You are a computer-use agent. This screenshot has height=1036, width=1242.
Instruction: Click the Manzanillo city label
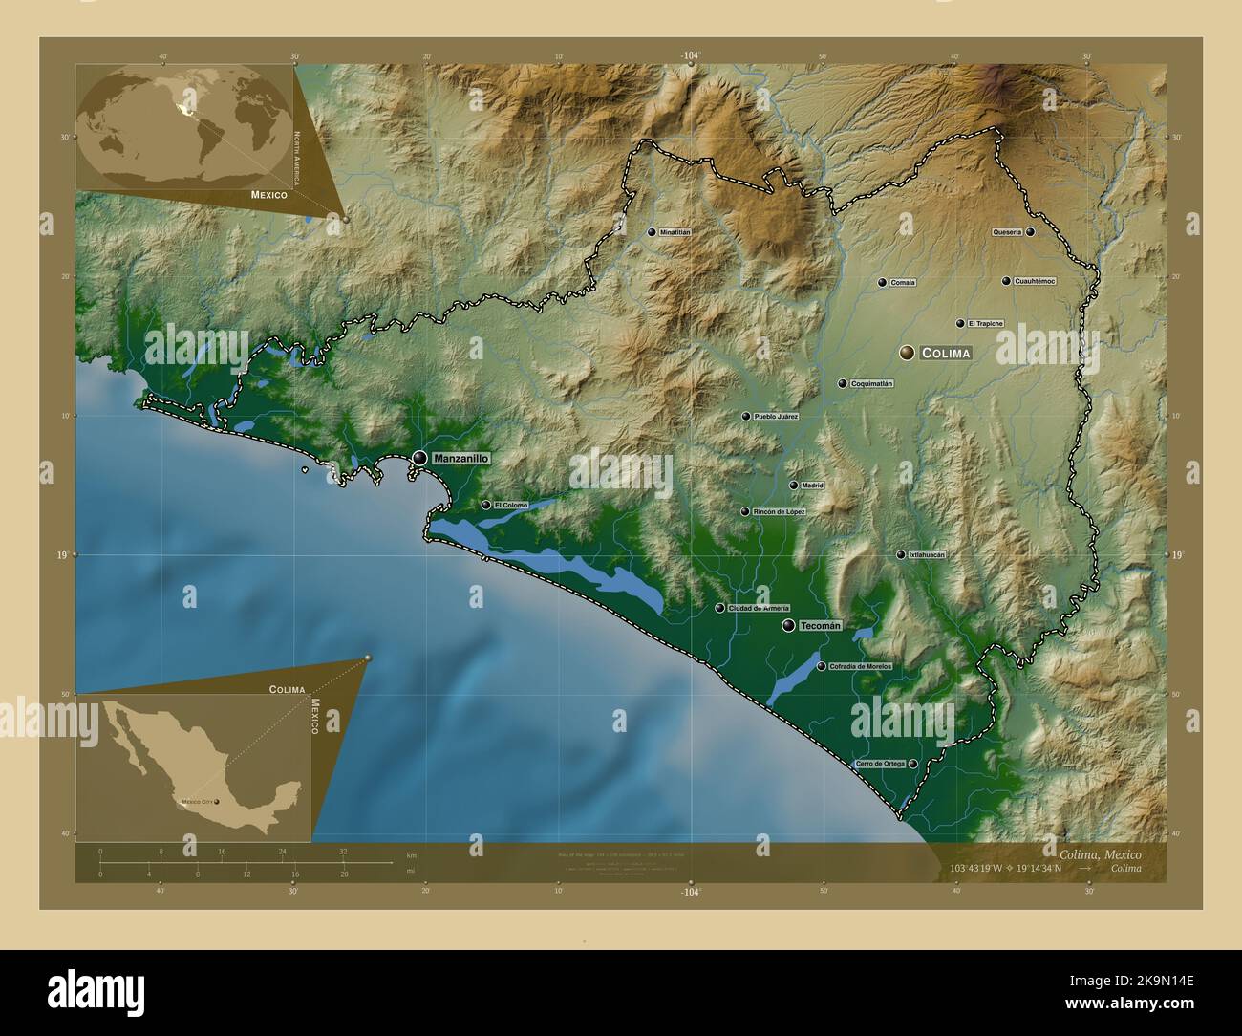[x=460, y=459]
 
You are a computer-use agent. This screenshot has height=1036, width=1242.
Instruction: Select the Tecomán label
[x=820, y=626]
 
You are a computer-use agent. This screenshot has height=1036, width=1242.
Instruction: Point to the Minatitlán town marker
[x=652, y=232]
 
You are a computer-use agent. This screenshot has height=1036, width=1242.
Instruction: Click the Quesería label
[x=1007, y=232]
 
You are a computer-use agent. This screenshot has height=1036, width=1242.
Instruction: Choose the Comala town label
[x=902, y=283]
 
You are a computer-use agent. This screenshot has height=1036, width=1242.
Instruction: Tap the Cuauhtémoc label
[x=1035, y=281]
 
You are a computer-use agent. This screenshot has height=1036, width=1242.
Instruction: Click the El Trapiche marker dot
[x=960, y=324]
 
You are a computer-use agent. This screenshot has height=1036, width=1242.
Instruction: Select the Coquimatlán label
[x=871, y=384]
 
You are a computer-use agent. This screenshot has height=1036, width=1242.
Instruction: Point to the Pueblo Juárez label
[x=775, y=417]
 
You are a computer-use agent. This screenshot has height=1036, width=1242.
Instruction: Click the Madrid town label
[x=812, y=486]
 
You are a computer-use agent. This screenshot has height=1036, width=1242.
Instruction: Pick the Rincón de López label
[x=779, y=512]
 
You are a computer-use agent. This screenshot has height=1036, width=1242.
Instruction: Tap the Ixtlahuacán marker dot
[x=900, y=554]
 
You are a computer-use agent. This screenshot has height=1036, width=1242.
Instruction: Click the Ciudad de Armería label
[x=759, y=609]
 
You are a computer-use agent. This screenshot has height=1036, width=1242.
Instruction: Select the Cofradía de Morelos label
[x=860, y=666]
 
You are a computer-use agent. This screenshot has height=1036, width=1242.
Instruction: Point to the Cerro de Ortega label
[x=880, y=764]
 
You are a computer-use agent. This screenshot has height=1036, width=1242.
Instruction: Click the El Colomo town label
[x=510, y=505]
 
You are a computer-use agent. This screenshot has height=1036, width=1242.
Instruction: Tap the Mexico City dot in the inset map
[x=216, y=802]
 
